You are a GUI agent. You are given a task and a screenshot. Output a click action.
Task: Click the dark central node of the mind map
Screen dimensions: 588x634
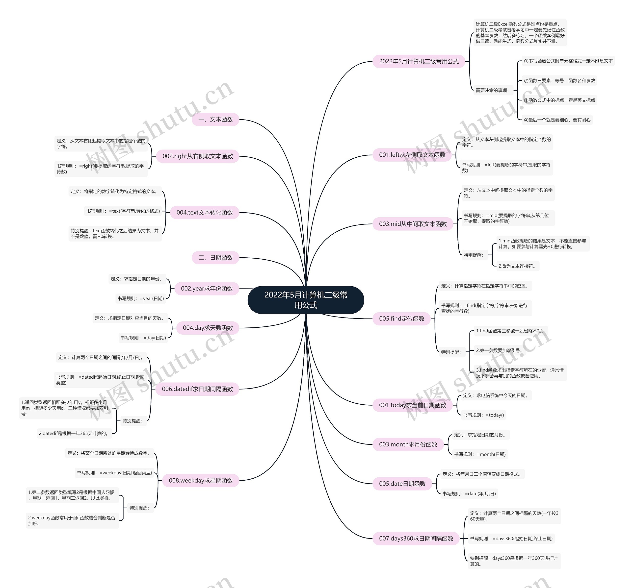(x=306, y=300)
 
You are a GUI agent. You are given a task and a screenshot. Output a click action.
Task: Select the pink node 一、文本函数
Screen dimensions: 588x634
(x=215, y=119)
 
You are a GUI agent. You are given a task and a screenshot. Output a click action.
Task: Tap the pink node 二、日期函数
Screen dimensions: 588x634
(x=215, y=257)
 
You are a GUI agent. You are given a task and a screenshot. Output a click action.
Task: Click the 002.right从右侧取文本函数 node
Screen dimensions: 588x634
(x=197, y=156)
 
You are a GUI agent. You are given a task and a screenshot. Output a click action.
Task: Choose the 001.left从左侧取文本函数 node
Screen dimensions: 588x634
(x=412, y=155)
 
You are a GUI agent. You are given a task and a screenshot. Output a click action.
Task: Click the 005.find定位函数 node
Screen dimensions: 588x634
(x=401, y=318)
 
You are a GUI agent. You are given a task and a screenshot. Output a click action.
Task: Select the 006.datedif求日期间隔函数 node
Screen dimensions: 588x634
(x=197, y=389)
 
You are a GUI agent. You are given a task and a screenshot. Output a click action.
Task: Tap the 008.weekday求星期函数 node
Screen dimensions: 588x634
(x=201, y=480)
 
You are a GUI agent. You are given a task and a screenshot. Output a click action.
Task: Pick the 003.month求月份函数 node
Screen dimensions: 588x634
(x=408, y=444)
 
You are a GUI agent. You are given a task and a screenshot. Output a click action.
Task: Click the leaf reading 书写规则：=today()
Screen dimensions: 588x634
(x=483, y=415)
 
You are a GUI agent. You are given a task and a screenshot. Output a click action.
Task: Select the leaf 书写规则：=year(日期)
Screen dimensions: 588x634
(x=141, y=298)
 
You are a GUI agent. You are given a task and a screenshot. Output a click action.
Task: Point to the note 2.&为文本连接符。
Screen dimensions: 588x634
(x=517, y=266)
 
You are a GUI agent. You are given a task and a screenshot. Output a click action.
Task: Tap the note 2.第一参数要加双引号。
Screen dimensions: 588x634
(x=499, y=350)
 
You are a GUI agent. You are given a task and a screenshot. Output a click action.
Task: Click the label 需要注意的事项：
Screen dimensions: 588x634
(x=492, y=90)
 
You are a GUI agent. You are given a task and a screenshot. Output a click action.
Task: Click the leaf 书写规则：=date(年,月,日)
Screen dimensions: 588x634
(x=469, y=493)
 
